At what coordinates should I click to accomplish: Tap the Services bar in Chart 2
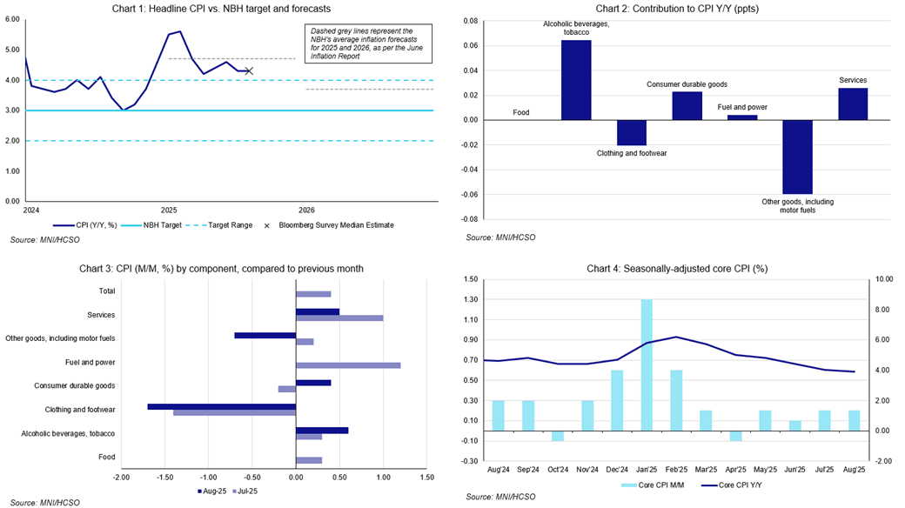853,104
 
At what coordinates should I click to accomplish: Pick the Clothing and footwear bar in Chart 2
631,132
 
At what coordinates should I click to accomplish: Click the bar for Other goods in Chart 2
797,157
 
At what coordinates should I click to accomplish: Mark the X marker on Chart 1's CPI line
250,70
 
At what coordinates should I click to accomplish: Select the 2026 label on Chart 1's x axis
306,210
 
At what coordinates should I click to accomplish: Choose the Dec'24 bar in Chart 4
616,400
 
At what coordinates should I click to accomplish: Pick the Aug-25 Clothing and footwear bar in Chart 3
222,406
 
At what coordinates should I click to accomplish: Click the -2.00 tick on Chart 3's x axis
121,477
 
